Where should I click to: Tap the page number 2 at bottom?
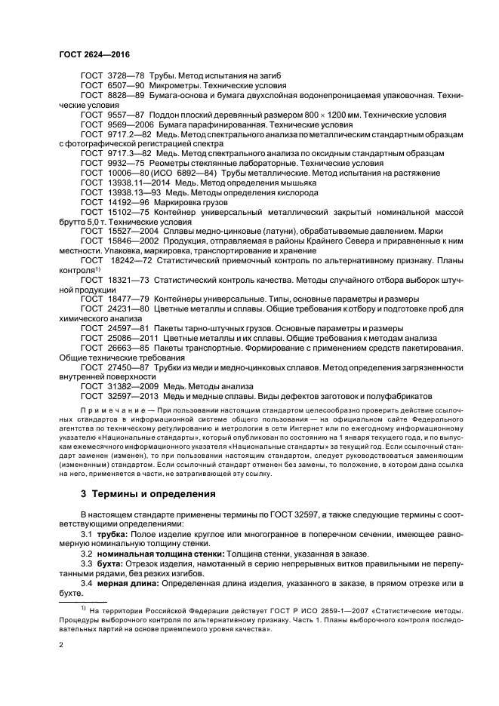point(60,646)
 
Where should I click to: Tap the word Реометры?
point(177,163)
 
